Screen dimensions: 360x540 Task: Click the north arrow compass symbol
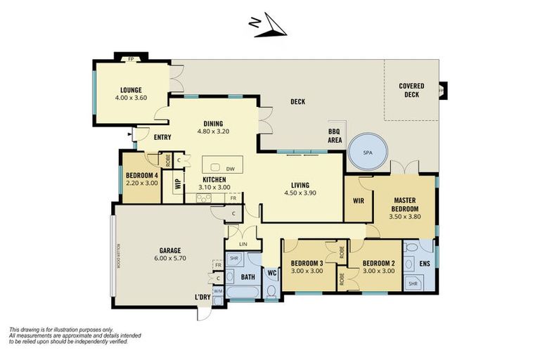268,25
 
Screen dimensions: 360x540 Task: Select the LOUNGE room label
131,90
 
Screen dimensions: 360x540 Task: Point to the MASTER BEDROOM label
405,205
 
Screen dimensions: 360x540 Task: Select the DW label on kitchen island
231,169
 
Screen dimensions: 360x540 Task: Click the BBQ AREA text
335,136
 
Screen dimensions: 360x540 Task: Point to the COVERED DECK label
411,89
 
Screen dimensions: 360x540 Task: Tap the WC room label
272,273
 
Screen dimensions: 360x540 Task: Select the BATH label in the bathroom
248,277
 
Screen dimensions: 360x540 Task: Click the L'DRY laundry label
203,297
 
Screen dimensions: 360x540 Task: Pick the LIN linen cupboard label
243,244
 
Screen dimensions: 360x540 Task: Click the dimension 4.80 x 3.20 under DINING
212,131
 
